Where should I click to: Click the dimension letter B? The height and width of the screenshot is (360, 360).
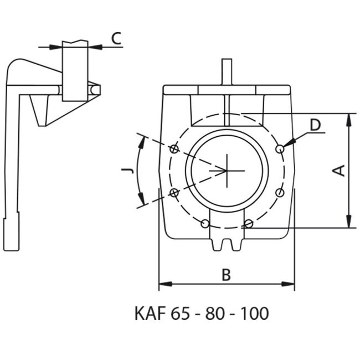point(225,275)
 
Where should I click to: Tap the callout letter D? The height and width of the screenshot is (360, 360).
point(315,125)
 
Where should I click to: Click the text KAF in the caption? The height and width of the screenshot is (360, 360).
point(151,313)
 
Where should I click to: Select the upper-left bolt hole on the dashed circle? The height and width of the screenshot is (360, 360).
point(174,148)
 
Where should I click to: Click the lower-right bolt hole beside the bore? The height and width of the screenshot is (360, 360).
point(280,192)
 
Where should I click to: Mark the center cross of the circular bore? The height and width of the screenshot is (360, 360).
point(228,170)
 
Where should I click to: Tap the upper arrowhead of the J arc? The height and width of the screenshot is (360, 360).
point(144,141)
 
